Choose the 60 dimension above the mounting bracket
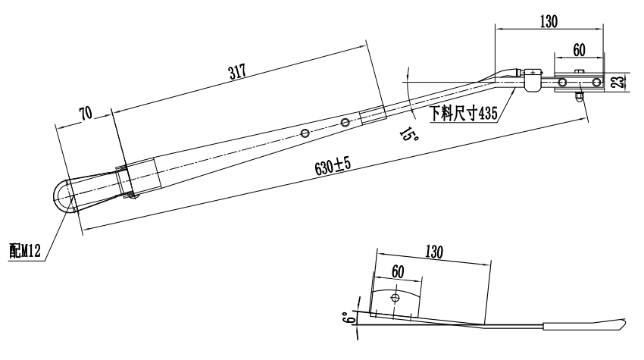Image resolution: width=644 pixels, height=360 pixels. [578, 49]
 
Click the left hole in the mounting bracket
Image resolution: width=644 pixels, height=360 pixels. [561, 82]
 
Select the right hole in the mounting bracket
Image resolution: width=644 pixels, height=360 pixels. [596, 82]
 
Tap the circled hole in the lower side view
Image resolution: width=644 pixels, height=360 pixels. [393, 298]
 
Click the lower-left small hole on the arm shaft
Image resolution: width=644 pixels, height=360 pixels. [305, 133]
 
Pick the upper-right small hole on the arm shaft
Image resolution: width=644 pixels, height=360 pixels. [345, 122]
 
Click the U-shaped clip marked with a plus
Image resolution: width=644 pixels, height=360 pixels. [533, 80]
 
